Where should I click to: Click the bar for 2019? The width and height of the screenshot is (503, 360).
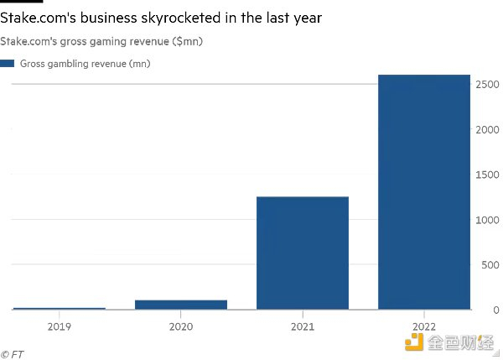(60, 308)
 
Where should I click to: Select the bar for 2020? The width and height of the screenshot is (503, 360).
(181, 305)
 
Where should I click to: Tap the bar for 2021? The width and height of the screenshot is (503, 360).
(303, 253)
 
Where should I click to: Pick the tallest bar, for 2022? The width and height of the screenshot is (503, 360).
(424, 192)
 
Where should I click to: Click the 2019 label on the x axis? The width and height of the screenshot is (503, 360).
(60, 326)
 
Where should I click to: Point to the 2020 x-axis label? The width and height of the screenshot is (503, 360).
(181, 326)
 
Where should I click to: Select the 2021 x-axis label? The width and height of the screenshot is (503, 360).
(303, 326)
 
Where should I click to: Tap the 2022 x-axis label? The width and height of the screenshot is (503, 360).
(424, 326)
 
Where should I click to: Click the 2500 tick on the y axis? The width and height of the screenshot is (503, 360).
(489, 85)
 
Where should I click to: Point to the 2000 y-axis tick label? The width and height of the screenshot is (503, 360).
(489, 130)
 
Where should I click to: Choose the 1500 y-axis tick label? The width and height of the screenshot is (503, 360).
(489, 175)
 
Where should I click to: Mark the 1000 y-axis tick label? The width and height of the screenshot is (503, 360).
(489, 220)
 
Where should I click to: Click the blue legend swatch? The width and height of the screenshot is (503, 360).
(8, 63)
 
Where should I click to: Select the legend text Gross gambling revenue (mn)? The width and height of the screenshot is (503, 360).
(86, 63)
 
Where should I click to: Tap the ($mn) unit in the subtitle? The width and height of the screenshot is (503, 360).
(186, 41)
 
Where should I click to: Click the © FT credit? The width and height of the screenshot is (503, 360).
(13, 354)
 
